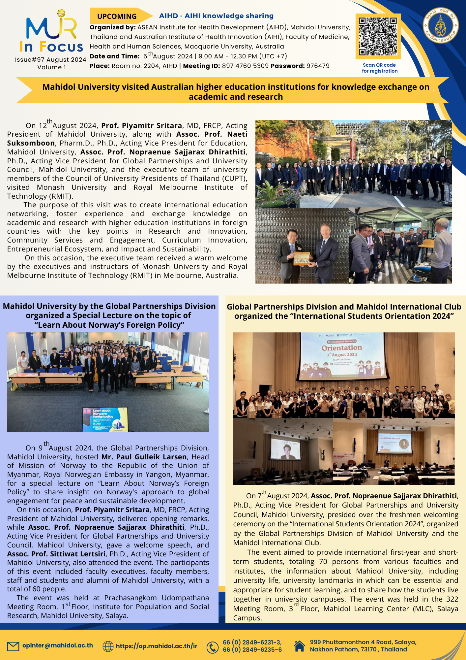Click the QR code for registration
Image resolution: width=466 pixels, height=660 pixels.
(378, 36)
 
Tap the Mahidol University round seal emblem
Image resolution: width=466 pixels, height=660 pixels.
(441, 25)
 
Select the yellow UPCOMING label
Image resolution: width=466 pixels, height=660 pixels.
(117, 16)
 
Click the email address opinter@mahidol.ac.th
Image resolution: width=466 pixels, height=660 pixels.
(58, 645)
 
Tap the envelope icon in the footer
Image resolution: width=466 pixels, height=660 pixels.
(13, 646)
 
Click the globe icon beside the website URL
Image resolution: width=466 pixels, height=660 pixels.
(108, 646)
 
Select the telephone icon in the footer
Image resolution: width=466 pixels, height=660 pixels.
(213, 647)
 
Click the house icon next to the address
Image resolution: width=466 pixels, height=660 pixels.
(299, 646)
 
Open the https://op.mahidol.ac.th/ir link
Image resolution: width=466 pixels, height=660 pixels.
(157, 646)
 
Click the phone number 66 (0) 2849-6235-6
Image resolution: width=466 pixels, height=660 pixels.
(252, 650)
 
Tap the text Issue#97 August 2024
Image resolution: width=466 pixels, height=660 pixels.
(50, 60)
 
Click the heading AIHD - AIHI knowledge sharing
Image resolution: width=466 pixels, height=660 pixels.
(216, 16)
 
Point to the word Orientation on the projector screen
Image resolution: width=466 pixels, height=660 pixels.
(342, 348)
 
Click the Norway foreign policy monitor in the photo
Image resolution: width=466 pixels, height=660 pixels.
(104, 419)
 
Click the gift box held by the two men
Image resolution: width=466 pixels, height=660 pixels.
(302, 258)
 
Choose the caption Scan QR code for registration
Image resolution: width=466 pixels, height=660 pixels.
(380, 68)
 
